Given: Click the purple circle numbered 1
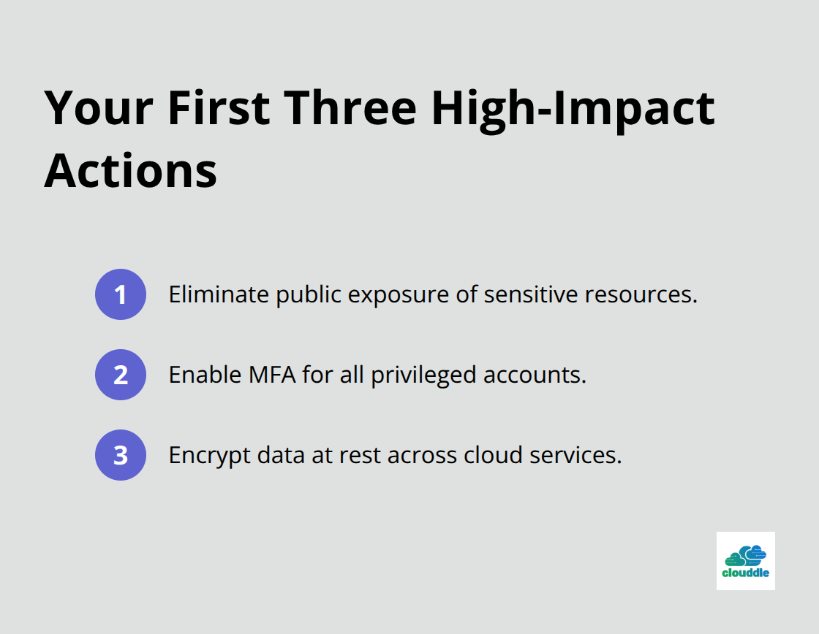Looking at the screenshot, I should click(121, 294).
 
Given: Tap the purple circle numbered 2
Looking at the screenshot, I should click(121, 375).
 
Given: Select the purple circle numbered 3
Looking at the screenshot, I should click(121, 455).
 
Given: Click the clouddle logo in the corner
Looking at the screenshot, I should click(745, 560).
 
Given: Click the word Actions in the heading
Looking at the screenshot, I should click(131, 170).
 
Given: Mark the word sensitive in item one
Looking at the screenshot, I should click(518, 294).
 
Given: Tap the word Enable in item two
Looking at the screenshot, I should click(203, 375).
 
